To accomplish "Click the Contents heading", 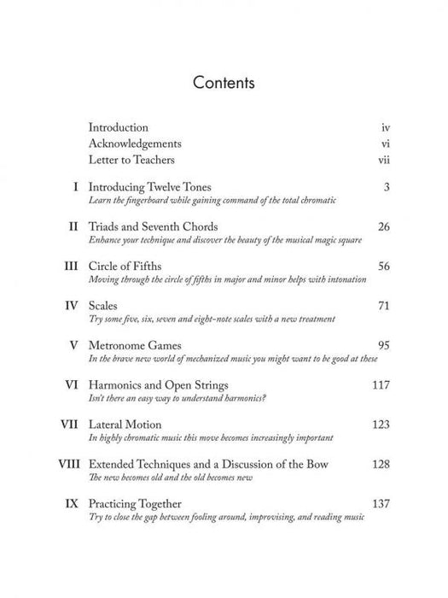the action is pyautogui.click(x=224, y=84).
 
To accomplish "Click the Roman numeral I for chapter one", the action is pyautogui.click(x=78, y=186).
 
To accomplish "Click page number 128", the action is pyautogui.click(x=380, y=465).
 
